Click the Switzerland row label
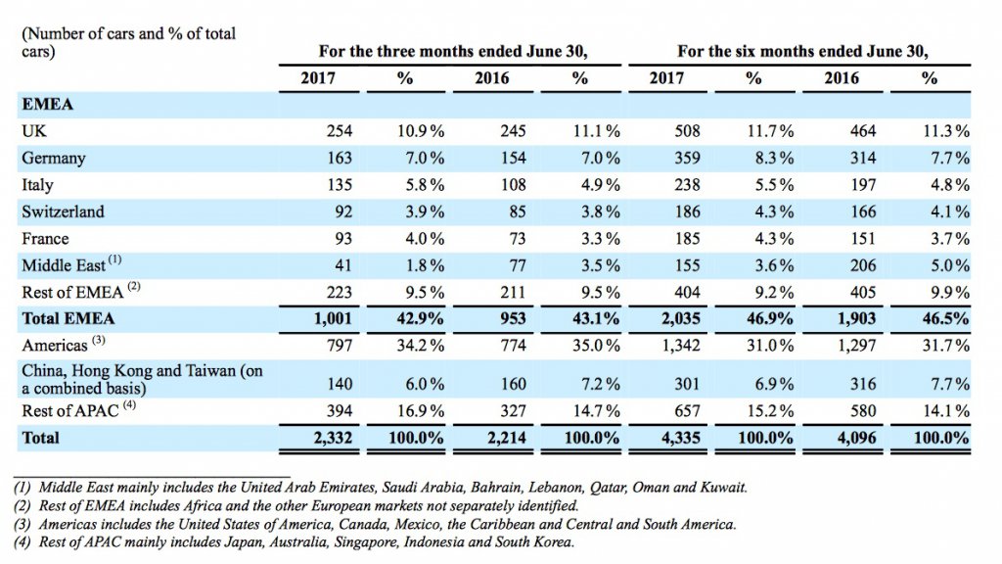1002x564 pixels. (63, 211)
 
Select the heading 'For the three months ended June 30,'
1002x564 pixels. (453, 51)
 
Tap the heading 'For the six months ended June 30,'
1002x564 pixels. (802, 51)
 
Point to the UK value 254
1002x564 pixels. (340, 131)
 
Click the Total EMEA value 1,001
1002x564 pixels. (333, 318)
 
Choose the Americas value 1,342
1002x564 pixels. (681, 346)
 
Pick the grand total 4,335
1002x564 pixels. (681, 438)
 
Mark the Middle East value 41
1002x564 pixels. (343, 265)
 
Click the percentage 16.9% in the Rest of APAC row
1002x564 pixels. (421, 410)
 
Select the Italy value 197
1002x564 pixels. (863, 185)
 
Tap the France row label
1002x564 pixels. (45, 239)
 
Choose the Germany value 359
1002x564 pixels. (688, 158)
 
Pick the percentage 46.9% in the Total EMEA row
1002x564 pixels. (770, 318)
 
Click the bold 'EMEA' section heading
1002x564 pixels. (47, 104)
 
